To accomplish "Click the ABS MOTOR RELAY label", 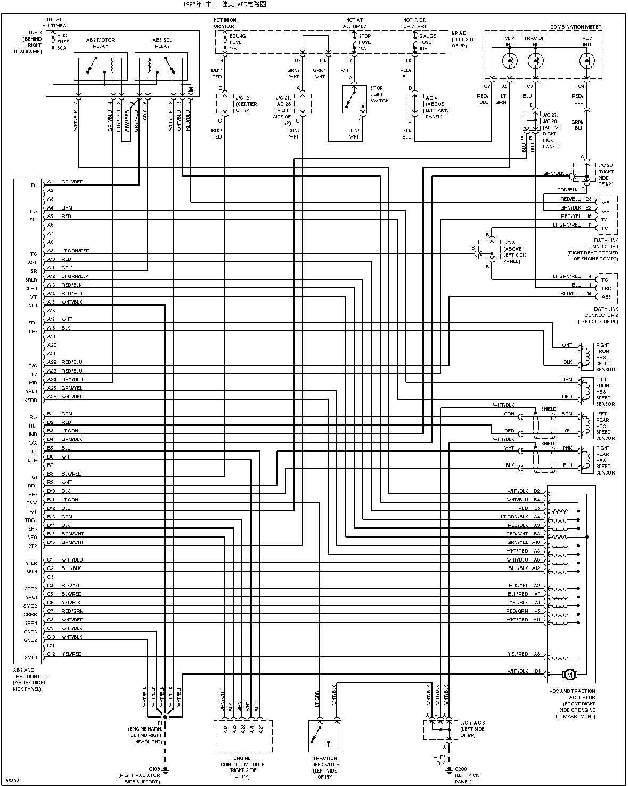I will coord(100,43).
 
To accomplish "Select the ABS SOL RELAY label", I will coord(162,43).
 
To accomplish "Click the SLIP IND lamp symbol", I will coord(510,61).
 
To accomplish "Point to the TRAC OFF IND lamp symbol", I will coord(535,61).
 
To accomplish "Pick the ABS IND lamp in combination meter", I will coord(586,61).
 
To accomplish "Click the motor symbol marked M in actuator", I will coord(570,675).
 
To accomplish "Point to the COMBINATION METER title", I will coord(575,27).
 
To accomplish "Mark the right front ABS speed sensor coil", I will coord(586,357).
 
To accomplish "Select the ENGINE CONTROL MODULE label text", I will coord(242,764).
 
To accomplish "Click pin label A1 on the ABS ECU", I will coord(50,182).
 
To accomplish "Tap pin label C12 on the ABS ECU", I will coord(51,654).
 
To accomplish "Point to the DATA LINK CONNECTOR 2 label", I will coord(598,315).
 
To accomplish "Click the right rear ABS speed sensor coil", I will coord(586,460).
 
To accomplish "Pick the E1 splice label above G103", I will coord(160,723).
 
